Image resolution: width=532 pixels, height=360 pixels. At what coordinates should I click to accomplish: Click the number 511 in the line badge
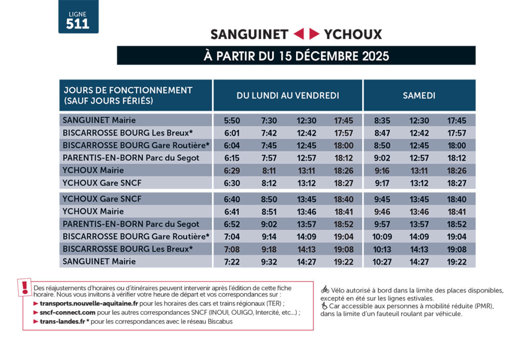(x=78, y=24)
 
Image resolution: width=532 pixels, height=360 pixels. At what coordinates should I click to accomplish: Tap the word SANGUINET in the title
(x=249, y=34)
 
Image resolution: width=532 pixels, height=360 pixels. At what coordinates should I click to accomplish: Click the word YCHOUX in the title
(x=353, y=34)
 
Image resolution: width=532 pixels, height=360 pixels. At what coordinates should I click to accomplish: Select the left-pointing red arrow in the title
(x=299, y=34)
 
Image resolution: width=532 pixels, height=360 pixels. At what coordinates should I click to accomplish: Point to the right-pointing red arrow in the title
(x=314, y=34)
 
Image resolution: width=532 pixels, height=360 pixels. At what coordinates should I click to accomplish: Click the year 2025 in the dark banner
(x=375, y=56)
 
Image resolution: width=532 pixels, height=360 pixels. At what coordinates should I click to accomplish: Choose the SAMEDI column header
(x=419, y=96)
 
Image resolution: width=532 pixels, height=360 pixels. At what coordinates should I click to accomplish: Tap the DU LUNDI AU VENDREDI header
(x=288, y=96)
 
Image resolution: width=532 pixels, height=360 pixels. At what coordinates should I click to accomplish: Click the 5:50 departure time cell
(x=232, y=121)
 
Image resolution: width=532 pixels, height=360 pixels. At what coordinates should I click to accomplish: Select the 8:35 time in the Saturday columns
(x=382, y=121)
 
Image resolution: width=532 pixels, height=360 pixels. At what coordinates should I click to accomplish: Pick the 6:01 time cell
(x=232, y=133)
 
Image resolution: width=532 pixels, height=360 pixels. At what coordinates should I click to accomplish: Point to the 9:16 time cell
(x=382, y=171)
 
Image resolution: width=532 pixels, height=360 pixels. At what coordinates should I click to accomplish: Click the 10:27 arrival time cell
(x=382, y=262)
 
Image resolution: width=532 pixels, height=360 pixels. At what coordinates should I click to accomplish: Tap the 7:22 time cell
(x=232, y=262)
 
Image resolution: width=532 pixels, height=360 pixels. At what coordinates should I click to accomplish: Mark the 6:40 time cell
(x=232, y=199)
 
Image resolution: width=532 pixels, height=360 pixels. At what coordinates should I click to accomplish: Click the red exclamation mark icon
(x=24, y=287)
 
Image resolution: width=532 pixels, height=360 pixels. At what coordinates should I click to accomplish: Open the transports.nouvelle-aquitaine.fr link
(x=89, y=303)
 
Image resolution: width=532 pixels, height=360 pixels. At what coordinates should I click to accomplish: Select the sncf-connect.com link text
(x=68, y=312)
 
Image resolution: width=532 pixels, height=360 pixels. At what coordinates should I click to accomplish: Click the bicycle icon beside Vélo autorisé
(x=325, y=289)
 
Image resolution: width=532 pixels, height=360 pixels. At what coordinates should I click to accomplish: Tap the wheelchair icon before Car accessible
(x=324, y=305)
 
